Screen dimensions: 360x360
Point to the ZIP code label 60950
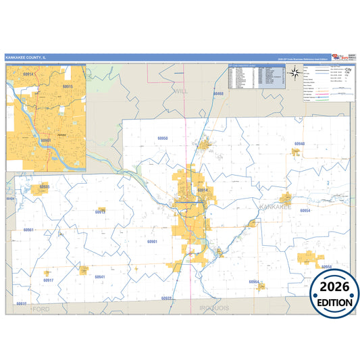coord(162,138)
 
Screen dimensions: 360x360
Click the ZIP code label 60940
coord(299,144)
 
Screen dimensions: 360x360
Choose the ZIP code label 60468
coord(217,93)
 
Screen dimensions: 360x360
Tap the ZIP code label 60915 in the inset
coord(67,86)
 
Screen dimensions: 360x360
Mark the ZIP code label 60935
coord(45,186)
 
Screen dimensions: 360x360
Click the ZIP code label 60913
coord(100,212)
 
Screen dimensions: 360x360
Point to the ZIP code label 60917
coord(48,280)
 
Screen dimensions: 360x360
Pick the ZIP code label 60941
coord(100,277)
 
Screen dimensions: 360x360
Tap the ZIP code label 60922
coord(167,298)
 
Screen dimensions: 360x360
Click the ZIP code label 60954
coord(305,211)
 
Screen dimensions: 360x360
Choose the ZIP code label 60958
coord(326,267)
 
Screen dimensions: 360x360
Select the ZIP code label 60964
coord(254,281)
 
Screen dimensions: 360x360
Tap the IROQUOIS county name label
coord(215,308)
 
